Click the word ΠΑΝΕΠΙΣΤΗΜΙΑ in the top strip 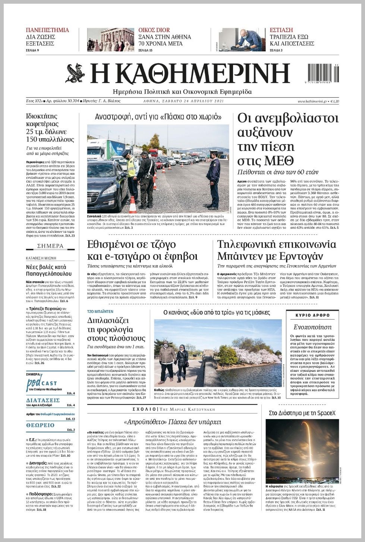[47, 30]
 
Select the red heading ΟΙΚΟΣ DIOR [154, 30]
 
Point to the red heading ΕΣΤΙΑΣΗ [281, 30]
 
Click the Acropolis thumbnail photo [111, 40]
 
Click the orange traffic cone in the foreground [132, 205]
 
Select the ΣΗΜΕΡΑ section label [50, 246]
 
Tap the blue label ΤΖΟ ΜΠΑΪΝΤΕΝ [100, 311]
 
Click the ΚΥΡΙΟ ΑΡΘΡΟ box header [312, 315]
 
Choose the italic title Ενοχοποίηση [312, 327]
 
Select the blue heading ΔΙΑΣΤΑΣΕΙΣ [43, 400]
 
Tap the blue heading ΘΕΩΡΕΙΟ [40, 425]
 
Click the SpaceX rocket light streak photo [302, 451]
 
